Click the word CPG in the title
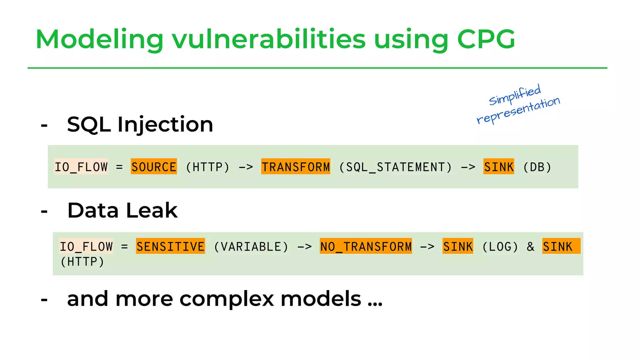click(x=486, y=39)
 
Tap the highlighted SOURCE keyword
click(x=154, y=167)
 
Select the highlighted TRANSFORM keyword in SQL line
click(x=296, y=167)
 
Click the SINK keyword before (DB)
click(x=498, y=167)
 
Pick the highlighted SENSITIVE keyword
click(x=170, y=246)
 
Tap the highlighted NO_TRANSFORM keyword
click(x=366, y=246)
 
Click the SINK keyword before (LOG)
click(x=458, y=246)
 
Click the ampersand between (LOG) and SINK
click(x=530, y=247)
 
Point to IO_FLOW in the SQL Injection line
click(x=81, y=167)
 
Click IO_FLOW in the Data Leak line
click(x=86, y=247)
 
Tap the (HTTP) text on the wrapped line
click(x=82, y=262)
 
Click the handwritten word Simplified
click(x=515, y=95)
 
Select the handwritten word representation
click(x=518, y=110)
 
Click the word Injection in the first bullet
click(x=165, y=124)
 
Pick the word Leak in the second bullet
click(x=152, y=210)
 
